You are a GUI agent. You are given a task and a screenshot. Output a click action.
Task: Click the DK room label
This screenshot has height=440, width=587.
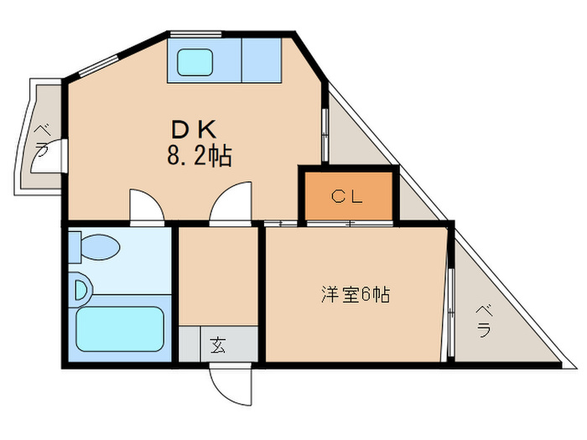click(195, 129)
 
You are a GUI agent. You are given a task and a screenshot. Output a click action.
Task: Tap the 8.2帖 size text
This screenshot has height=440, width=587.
click(199, 155)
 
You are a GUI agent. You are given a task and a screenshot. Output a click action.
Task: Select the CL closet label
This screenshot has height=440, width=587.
click(345, 197)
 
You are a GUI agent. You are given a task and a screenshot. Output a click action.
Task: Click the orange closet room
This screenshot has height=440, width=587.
click(347, 196)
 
